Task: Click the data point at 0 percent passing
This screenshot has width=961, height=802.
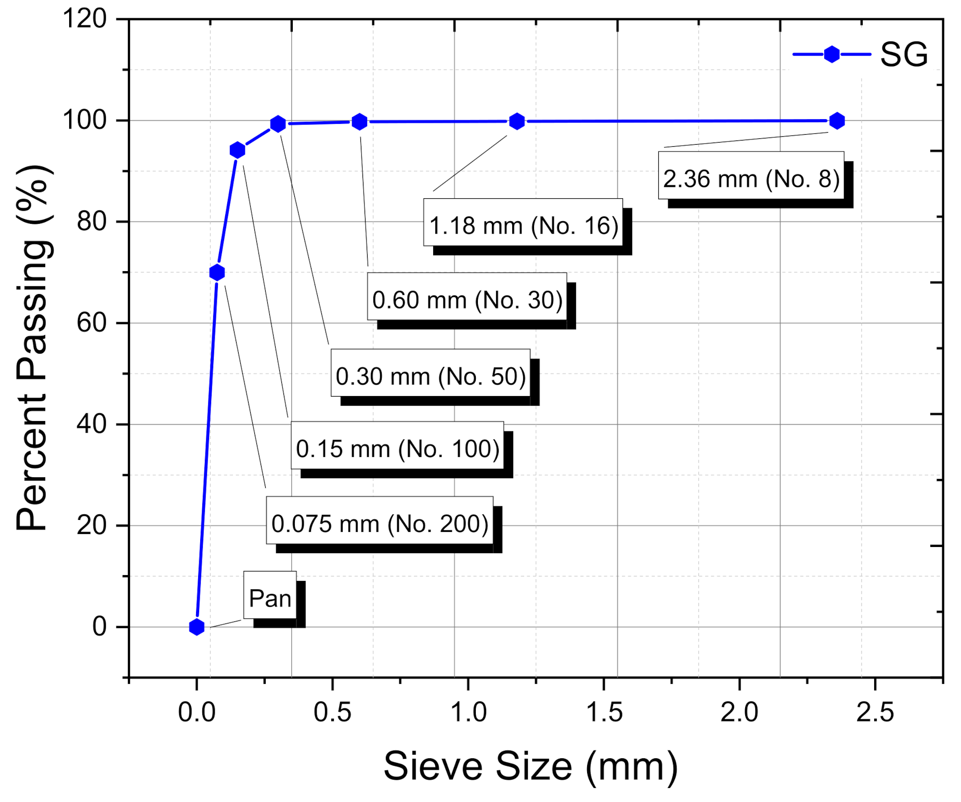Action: (x=197, y=627)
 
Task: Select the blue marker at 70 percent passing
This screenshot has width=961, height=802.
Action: (x=217, y=272)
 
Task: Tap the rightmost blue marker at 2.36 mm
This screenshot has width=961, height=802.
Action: (x=837, y=121)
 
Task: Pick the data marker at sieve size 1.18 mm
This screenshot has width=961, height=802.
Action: (x=516, y=121)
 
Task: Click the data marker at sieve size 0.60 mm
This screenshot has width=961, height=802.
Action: (x=359, y=122)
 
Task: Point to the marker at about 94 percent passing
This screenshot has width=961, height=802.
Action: (x=237, y=150)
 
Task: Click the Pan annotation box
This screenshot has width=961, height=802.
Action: (x=270, y=598)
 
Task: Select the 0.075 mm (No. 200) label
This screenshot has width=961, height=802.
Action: (x=380, y=524)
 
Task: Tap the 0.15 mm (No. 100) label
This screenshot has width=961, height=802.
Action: (x=397, y=449)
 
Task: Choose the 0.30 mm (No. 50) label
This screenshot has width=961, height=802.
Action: (x=431, y=376)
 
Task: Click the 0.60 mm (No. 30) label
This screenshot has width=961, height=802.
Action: (x=467, y=300)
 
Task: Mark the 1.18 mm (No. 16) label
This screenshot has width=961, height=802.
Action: (x=523, y=225)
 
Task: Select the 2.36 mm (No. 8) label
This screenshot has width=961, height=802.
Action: (x=751, y=179)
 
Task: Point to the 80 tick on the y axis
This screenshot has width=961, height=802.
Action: (x=92, y=222)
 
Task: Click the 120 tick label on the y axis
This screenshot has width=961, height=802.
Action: (x=84, y=19)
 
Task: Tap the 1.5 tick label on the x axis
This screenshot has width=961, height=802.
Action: (x=604, y=712)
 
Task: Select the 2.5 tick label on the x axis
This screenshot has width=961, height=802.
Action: (x=875, y=712)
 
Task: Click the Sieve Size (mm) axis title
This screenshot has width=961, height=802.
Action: (x=530, y=767)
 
